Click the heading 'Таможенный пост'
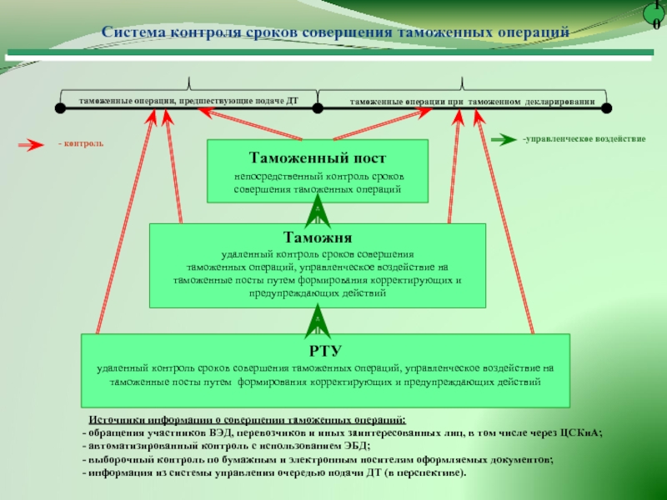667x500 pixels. pyautogui.click(x=318, y=157)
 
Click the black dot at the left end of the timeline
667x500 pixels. pyautogui.click(x=60, y=107)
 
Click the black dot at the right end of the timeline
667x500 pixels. pyautogui.click(x=607, y=107)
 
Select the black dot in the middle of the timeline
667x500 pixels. pyautogui.click(x=318, y=107)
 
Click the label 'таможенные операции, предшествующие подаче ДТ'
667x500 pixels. pyautogui.click(x=188, y=101)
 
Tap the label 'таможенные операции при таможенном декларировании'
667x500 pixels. pyautogui.click(x=472, y=102)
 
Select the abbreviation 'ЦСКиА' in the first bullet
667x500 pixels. pyautogui.click(x=580, y=434)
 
